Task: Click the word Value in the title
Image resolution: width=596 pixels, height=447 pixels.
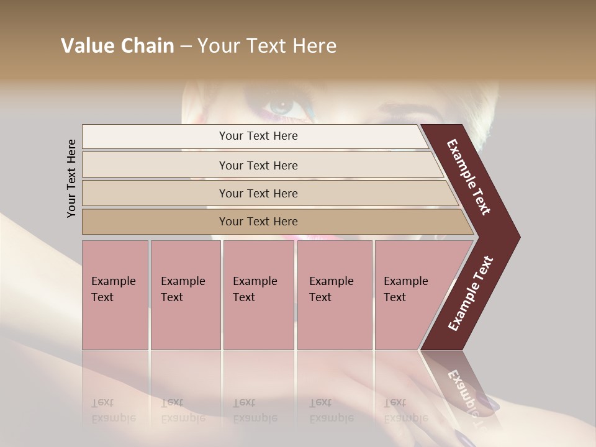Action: pos(88,46)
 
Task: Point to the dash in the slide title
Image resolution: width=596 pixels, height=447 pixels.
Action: pos(186,47)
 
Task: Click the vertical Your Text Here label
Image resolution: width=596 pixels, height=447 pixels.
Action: pos(71,178)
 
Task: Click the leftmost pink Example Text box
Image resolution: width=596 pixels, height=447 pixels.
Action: pos(115,295)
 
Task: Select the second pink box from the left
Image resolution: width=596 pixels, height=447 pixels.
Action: pos(185,295)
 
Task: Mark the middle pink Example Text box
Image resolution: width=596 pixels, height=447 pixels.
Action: pos(258,295)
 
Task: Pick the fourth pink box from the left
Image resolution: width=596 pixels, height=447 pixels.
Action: pos(334,295)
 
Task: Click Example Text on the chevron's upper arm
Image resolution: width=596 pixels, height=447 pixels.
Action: pos(469,178)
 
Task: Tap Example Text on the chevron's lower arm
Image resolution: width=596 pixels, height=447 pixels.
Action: pos(471,293)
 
